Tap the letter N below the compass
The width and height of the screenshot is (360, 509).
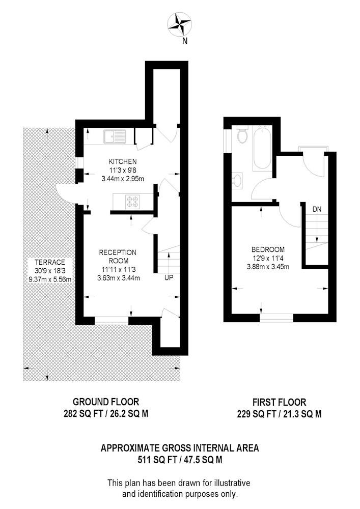click(x=185, y=41)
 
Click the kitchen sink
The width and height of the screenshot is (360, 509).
click(x=115, y=136)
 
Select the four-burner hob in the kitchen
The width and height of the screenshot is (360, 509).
click(x=132, y=202)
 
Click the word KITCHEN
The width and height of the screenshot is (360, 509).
click(x=122, y=161)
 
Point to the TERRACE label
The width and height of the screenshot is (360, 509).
click(x=50, y=262)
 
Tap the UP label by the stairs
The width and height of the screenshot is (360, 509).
click(x=169, y=278)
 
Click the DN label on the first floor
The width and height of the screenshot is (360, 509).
click(x=317, y=209)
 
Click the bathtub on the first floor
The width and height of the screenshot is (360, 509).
click(x=262, y=148)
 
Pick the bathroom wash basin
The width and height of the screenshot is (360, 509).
click(x=238, y=180)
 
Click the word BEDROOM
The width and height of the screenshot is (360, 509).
click(x=268, y=249)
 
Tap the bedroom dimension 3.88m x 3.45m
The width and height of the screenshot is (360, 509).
click(x=268, y=267)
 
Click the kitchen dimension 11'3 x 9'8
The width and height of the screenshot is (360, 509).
click(x=122, y=170)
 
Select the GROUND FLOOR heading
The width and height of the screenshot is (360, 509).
click(x=106, y=402)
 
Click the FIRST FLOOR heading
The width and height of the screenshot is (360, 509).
click(x=279, y=403)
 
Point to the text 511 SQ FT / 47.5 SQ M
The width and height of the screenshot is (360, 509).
click(x=180, y=460)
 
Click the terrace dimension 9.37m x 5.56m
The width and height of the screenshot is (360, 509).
click(x=50, y=279)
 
